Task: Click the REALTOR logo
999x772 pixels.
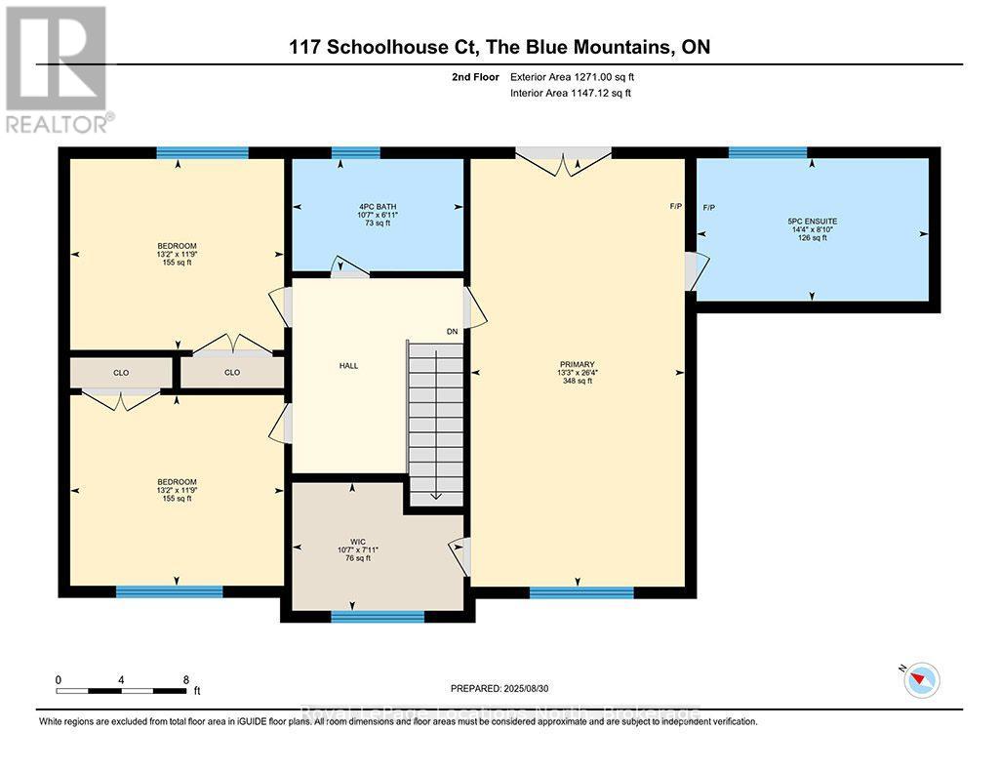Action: [x=57, y=68]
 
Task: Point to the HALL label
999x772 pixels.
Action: [x=348, y=366]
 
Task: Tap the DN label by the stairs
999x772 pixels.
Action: [x=452, y=332]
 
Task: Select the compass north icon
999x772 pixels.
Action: [x=920, y=678]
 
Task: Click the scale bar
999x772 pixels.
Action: [x=121, y=691]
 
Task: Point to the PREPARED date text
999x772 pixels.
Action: [x=504, y=687]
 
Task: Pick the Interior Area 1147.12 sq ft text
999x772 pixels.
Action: [x=571, y=93]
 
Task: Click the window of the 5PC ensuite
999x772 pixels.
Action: [x=768, y=152]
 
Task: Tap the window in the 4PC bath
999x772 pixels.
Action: [x=355, y=152]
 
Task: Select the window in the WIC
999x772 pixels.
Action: [x=378, y=616]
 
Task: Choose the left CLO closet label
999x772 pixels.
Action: [x=121, y=372]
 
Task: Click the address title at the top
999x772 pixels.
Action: [x=499, y=47]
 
